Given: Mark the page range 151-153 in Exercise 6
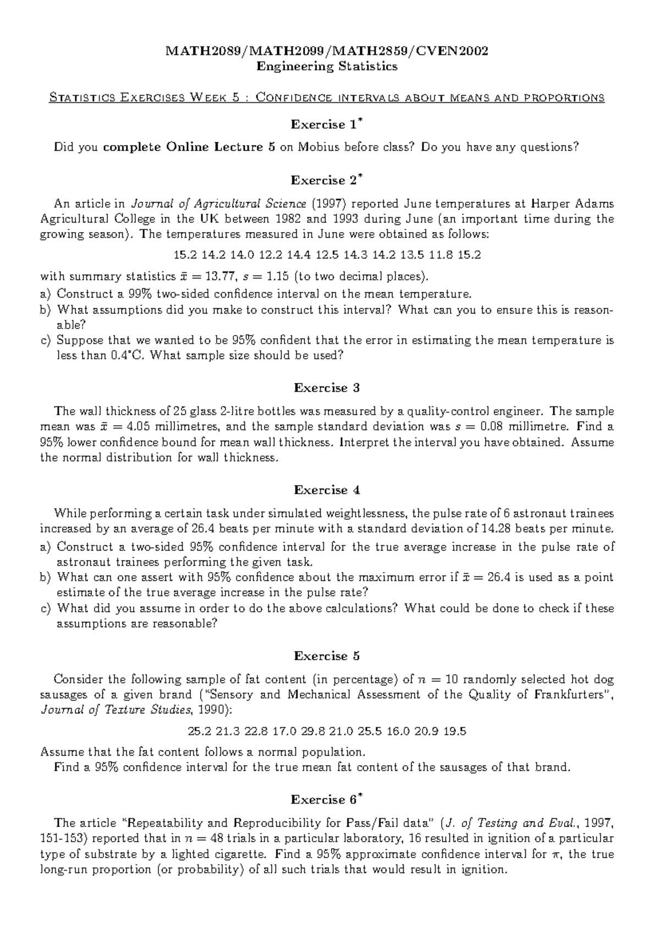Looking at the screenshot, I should [x=65, y=839].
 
